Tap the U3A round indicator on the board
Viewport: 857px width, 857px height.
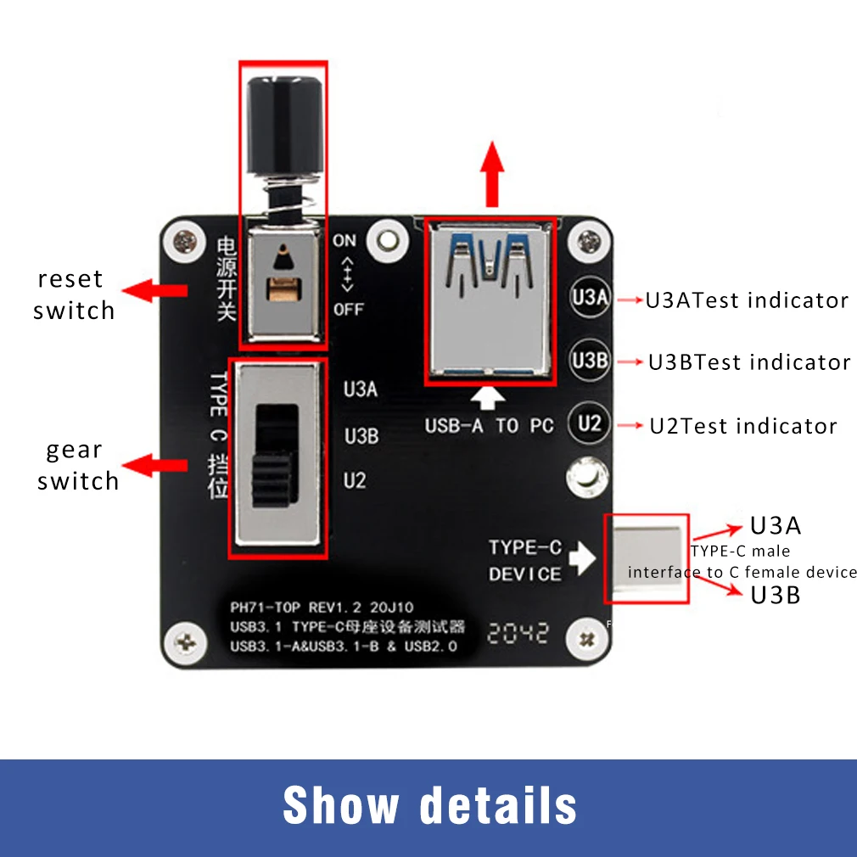(589, 297)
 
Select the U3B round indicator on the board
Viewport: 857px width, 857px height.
(589, 360)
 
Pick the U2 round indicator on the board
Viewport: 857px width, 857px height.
(589, 423)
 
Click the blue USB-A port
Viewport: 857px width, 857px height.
(490, 301)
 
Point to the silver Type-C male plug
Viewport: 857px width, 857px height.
(647, 558)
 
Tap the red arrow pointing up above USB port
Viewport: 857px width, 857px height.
(492, 174)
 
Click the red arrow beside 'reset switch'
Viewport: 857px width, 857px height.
(154, 290)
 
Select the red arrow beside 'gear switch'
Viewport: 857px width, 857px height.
(154, 465)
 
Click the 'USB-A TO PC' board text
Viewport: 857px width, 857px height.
(489, 426)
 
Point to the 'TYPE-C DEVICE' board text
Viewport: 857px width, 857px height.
(525, 560)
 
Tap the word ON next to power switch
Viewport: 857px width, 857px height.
(344, 240)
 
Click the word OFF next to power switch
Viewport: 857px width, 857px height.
(349, 310)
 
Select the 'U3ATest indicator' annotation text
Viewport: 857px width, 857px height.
(748, 300)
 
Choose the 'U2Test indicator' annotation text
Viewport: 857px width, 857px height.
(743, 426)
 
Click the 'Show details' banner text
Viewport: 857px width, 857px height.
(430, 804)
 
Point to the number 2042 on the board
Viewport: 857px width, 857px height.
(517, 633)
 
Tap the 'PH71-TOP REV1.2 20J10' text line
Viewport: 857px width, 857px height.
(322, 608)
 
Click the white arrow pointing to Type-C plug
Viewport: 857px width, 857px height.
(583, 558)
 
